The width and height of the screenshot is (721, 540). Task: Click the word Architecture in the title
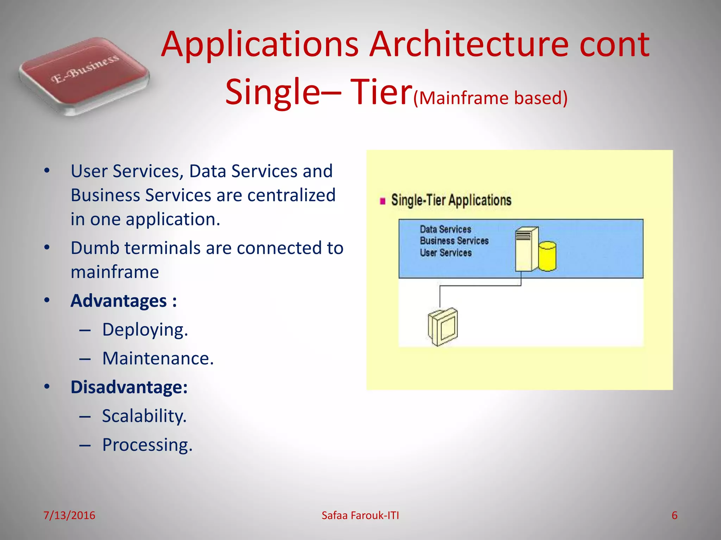469,45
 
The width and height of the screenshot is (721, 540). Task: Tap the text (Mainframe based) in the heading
490,98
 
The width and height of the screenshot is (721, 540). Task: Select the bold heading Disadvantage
129,387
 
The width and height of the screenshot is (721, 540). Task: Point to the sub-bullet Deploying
145,330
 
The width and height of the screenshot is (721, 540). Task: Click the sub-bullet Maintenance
158,359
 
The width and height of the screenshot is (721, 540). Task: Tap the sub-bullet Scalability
144,416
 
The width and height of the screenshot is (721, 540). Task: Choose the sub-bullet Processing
147,445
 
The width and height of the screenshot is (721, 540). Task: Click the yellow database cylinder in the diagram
547,256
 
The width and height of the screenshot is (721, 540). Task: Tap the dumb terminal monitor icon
443,327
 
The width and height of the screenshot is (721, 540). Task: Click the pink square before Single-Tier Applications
383,201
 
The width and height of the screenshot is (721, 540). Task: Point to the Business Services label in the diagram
454,241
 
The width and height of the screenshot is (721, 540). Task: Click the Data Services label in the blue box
445,229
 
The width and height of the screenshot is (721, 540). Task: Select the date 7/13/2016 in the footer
69,515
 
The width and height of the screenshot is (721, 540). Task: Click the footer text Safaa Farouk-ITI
360,515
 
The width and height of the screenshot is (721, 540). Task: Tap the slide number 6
674,515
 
